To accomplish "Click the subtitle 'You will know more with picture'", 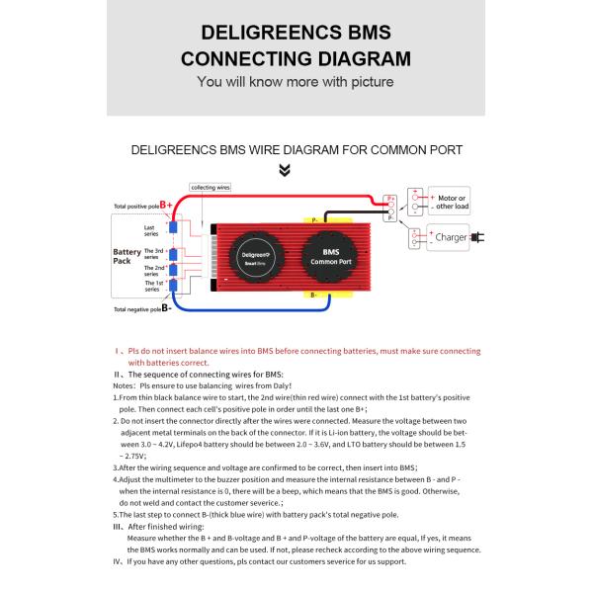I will click(x=296, y=82).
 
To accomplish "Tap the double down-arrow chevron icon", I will click(x=285, y=170).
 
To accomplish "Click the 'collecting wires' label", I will click(x=210, y=187).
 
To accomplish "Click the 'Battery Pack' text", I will click(x=127, y=257).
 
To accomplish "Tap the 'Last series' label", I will click(x=150, y=231).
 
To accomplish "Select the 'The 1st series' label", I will click(x=154, y=285).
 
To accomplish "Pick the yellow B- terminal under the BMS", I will click(x=326, y=295).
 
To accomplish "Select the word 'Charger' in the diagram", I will click(x=451, y=237).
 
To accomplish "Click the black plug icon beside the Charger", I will click(x=478, y=237).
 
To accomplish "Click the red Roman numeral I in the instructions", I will click(x=117, y=351).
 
